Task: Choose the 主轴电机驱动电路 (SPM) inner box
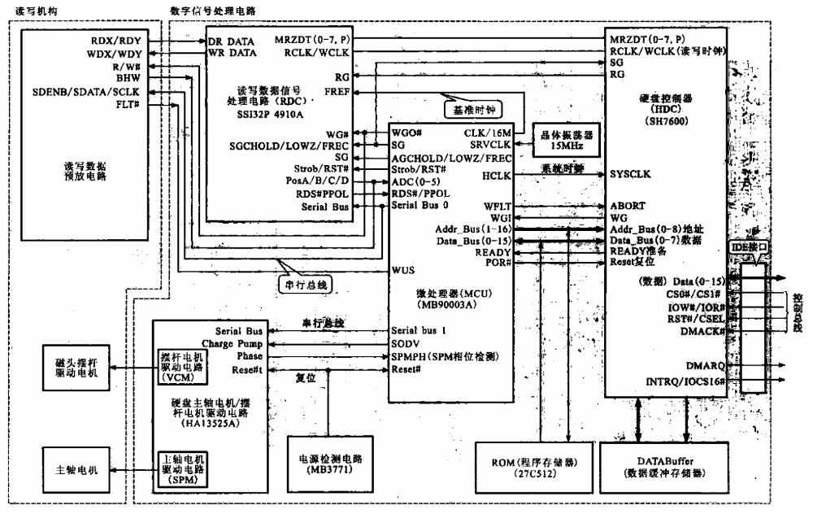[184, 470]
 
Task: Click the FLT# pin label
[147, 104]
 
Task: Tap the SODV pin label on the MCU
[406, 344]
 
